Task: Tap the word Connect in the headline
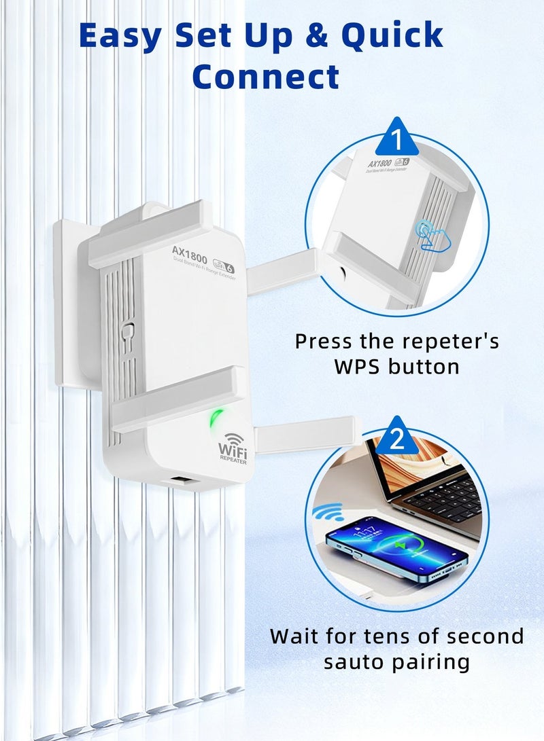(265, 77)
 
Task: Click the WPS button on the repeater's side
(127, 332)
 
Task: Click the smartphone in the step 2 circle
(396, 549)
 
